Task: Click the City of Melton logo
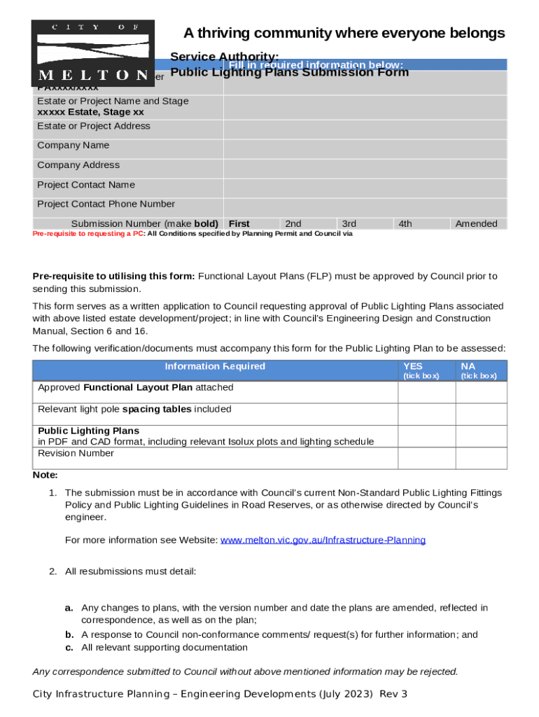[93, 53]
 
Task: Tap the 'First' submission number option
[239, 224]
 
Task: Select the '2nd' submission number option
[293, 224]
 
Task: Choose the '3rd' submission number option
[349, 224]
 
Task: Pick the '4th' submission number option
[405, 224]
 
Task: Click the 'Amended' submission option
[476, 224]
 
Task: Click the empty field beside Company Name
[365, 146]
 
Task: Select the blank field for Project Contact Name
[365, 186]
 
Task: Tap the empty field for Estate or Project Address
[365, 127]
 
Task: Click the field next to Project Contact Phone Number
[365, 205]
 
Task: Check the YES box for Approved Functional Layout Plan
[426, 393]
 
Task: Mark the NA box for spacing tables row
[481, 415]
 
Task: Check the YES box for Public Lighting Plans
[426, 436]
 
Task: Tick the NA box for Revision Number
[481, 458]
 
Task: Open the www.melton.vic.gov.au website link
[323, 540]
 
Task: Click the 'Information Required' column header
[215, 366]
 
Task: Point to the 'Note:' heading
[45, 475]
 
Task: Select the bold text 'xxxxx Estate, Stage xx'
[90, 112]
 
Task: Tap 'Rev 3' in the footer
[394, 694]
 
